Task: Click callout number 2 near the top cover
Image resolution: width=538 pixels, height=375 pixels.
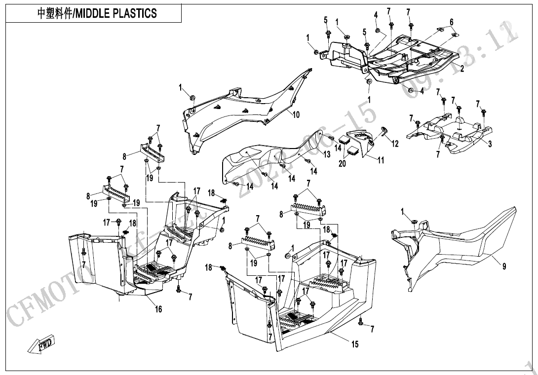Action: [462, 69]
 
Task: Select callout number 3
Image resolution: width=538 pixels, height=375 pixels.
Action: [490, 144]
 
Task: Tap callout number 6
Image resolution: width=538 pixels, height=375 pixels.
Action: [451, 22]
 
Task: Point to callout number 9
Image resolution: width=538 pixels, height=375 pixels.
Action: [504, 267]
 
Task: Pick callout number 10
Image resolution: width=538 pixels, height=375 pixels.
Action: [296, 115]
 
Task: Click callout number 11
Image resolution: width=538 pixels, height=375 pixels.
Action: [381, 160]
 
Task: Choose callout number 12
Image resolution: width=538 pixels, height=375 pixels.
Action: [395, 144]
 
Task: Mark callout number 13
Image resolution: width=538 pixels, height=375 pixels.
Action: [327, 154]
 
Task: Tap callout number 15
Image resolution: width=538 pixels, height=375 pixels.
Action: [355, 344]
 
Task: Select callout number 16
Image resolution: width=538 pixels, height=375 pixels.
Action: [158, 309]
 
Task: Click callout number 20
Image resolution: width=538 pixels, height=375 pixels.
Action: [343, 164]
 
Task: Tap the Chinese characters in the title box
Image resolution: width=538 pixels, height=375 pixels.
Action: [54, 13]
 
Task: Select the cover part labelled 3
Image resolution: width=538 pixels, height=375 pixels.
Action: [452, 131]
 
